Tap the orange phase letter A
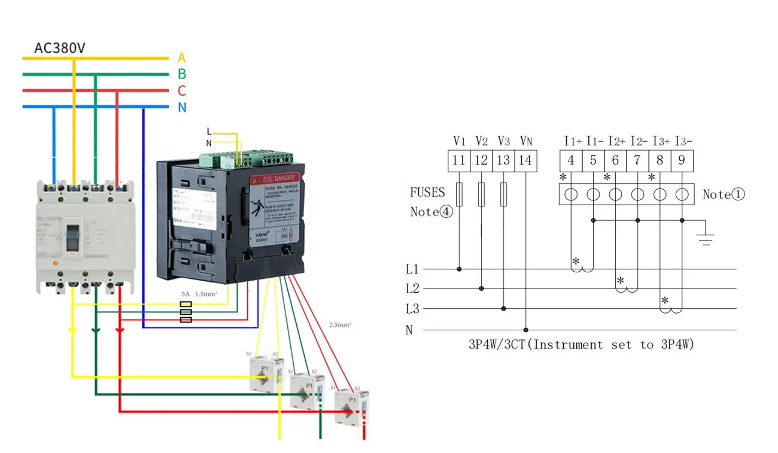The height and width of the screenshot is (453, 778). click(181, 58)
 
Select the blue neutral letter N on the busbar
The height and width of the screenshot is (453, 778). click(182, 108)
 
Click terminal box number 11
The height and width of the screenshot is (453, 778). click(459, 160)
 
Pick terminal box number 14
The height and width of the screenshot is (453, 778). click(525, 160)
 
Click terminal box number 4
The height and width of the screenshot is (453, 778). click(571, 160)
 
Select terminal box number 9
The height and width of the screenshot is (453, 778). click(682, 160)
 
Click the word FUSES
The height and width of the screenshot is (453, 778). click(427, 193)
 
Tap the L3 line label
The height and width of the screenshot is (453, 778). click(412, 309)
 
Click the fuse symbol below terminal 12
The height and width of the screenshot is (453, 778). click(481, 195)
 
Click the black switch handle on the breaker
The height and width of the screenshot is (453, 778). click(72, 239)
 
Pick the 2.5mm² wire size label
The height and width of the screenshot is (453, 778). click(340, 325)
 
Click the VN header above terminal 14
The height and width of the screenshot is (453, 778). click(525, 141)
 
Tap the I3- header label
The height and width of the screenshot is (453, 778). click(683, 141)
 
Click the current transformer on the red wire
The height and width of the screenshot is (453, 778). click(350, 407)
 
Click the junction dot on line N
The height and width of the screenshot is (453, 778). click(526, 330)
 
